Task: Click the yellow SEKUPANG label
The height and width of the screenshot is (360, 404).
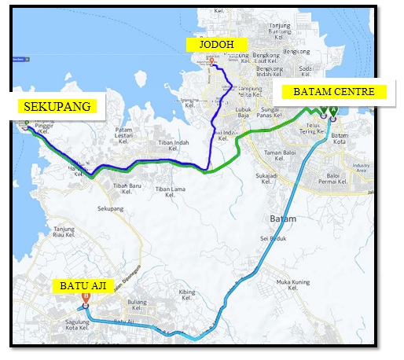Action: tap(53, 106)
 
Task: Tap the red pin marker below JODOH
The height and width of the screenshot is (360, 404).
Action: tap(212, 63)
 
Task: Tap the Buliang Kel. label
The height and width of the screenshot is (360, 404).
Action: tap(138, 304)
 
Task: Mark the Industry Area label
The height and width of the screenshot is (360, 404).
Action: tap(362, 168)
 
